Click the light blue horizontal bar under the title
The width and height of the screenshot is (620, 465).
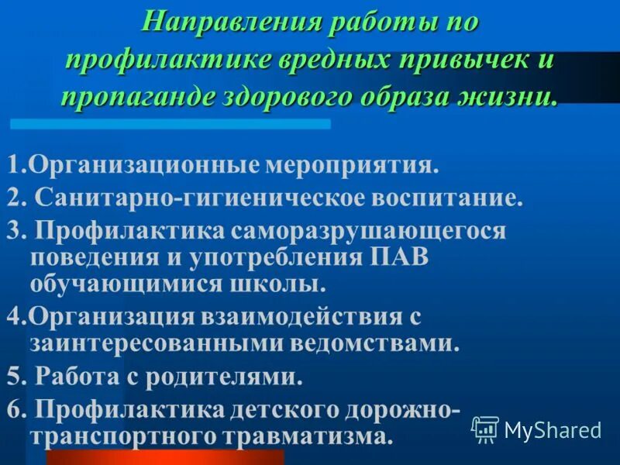tap(170, 124)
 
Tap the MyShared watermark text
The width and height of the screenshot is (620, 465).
tap(553, 429)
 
